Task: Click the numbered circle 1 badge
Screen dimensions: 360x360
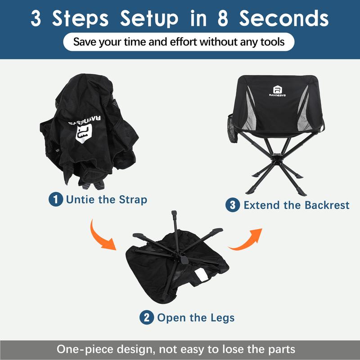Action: [x=55, y=199]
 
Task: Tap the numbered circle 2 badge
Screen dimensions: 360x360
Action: [x=147, y=317]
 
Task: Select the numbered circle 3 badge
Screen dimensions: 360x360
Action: [x=233, y=205]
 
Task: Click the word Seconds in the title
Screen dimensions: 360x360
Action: [x=284, y=18]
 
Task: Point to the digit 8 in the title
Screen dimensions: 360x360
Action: [x=223, y=18]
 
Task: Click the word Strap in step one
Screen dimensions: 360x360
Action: [x=133, y=200]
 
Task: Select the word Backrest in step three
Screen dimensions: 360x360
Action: [x=327, y=205]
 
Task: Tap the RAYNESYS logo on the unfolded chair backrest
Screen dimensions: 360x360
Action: [x=277, y=91]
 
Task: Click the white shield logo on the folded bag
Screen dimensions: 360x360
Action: [x=84, y=133]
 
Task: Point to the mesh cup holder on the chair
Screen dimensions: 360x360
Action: [x=232, y=129]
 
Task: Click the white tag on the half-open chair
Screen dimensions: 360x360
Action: [x=202, y=274]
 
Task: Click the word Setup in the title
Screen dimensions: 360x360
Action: [x=149, y=18]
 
